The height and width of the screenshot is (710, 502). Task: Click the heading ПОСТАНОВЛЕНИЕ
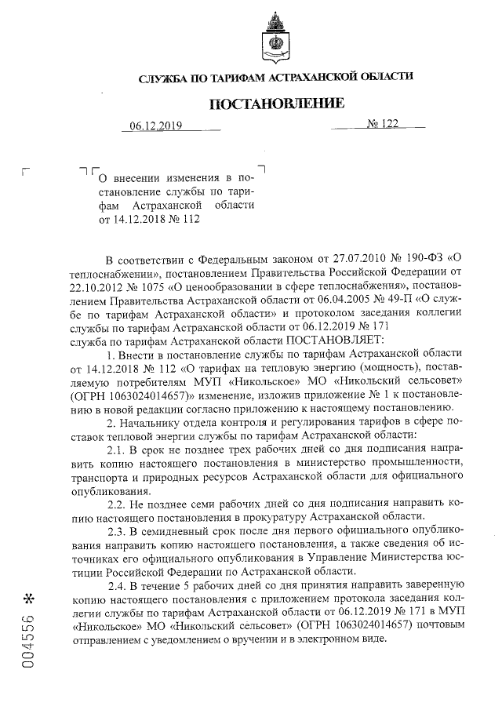(x=275, y=104)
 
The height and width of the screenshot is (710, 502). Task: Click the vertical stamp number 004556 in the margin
(x=29, y=641)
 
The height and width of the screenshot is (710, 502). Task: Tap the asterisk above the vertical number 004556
(x=29, y=599)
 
